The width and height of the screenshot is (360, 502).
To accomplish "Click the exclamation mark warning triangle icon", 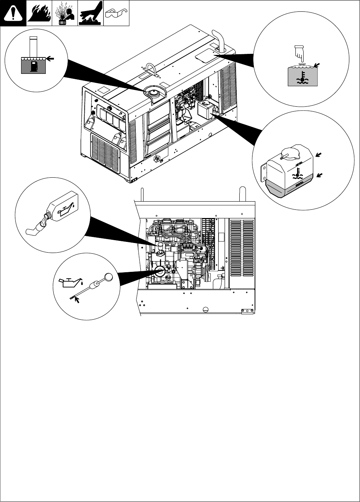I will [x=13, y=14].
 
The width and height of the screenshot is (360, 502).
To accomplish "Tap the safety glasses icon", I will [x=116, y=14].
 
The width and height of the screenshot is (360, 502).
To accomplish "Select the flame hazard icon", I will [x=39, y=14].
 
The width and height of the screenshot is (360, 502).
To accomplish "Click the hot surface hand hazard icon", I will [x=90, y=14].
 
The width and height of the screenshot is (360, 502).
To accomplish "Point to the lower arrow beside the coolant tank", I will [x=320, y=174].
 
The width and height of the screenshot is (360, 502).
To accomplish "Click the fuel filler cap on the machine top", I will [x=154, y=93].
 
